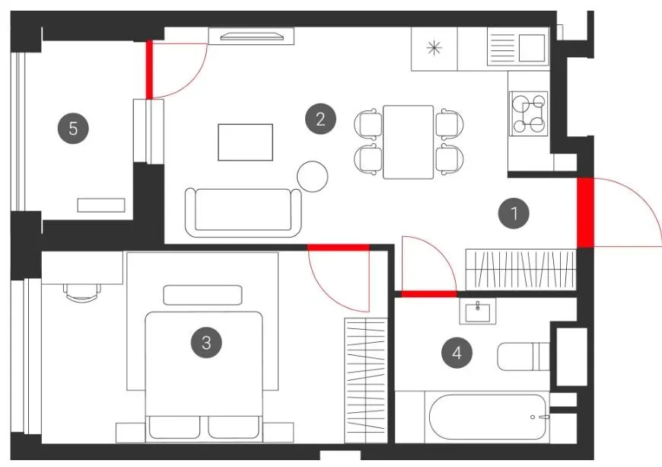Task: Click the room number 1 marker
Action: [514, 213]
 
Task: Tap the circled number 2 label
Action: [321, 119]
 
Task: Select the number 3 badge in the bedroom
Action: [206, 342]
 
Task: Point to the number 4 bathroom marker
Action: [457, 353]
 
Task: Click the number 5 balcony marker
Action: [73, 128]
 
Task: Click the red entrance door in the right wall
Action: [585, 213]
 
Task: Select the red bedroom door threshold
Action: [338, 248]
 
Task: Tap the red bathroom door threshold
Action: [429, 294]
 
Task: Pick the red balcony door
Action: [149, 70]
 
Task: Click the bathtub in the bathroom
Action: [488, 417]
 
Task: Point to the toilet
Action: [524, 357]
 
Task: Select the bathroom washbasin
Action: [478, 312]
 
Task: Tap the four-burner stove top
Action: [528, 114]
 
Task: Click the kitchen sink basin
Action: [532, 48]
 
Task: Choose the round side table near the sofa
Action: [313, 177]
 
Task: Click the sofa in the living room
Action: [243, 213]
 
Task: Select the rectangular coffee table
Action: [245, 142]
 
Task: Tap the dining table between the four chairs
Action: [409, 142]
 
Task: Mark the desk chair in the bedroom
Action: [81, 292]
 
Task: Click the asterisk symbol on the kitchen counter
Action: [434, 48]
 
